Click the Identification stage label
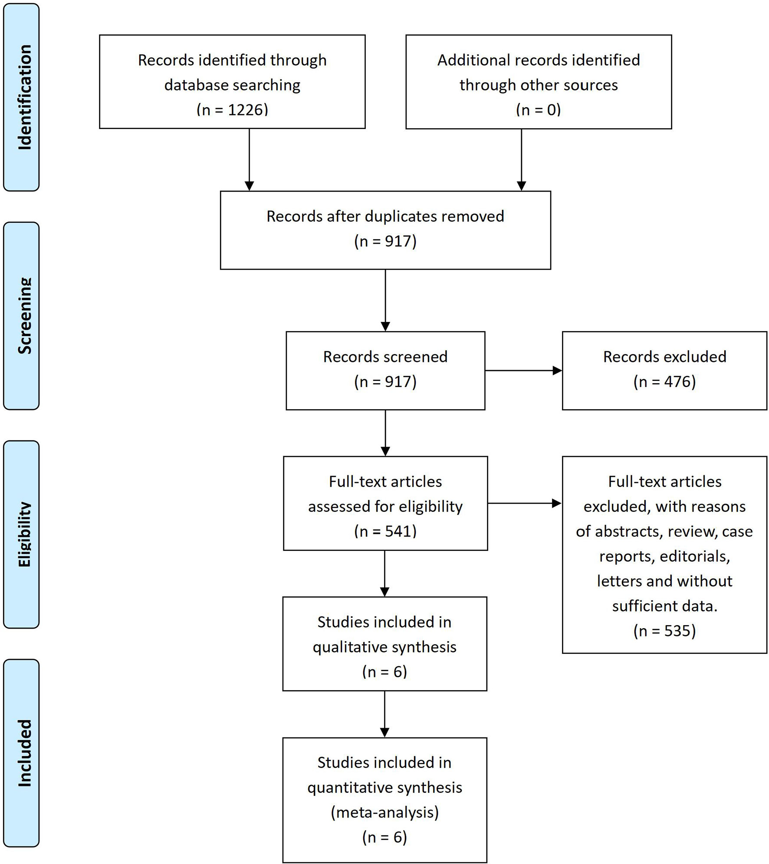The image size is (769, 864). click(x=24, y=97)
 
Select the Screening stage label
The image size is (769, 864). click(x=24, y=316)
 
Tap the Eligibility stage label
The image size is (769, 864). click(x=24, y=534)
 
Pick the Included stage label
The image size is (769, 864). click(x=24, y=753)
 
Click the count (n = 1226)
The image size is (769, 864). click(x=232, y=109)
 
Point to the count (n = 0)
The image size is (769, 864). click(x=539, y=109)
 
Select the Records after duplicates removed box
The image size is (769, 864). click(x=385, y=230)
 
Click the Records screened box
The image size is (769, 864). click(x=385, y=371)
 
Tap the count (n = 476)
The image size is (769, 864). click(x=664, y=381)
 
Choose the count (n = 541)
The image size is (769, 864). click(x=385, y=531)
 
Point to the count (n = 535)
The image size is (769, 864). click(x=664, y=631)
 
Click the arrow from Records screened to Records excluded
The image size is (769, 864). click(x=523, y=371)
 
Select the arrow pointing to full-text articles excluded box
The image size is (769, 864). click(x=525, y=503)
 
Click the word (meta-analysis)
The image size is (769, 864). click(x=385, y=812)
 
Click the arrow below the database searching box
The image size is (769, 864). click(x=249, y=159)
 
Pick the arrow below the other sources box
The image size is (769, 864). click(x=522, y=159)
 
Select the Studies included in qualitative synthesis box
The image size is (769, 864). click(x=385, y=644)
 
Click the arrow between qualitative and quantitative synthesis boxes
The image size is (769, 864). click(x=384, y=714)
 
